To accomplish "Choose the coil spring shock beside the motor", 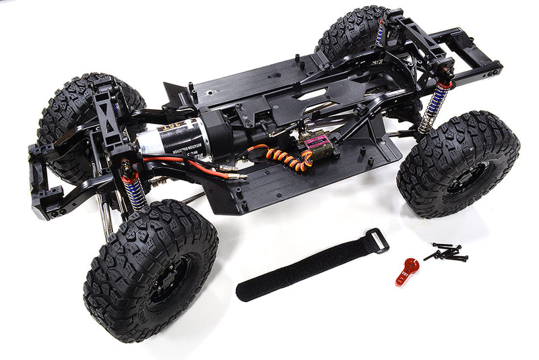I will coord(133,188).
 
